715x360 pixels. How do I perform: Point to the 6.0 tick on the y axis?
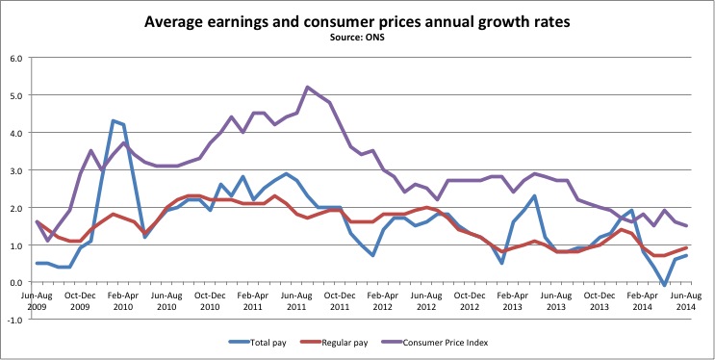coord(15,58)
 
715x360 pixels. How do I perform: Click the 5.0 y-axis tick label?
coord(15,95)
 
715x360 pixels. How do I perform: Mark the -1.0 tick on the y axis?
coord(14,320)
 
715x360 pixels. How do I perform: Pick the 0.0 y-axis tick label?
coord(15,282)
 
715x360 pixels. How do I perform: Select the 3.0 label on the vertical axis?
coord(15,170)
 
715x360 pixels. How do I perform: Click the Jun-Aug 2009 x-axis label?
coord(38,298)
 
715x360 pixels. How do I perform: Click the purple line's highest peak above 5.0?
coord(308,88)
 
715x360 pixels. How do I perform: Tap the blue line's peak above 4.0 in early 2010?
coord(114,120)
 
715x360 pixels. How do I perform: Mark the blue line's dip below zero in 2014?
coord(665,285)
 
